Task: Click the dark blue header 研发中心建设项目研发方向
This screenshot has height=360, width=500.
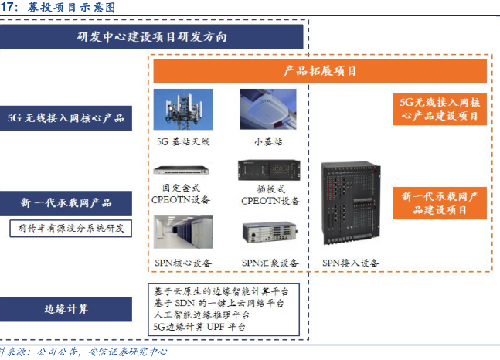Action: [x=151, y=37]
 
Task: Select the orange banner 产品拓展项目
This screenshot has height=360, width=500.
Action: [x=319, y=71]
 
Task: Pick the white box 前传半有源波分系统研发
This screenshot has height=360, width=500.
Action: [x=70, y=229]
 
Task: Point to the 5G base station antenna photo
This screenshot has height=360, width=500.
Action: [x=183, y=110]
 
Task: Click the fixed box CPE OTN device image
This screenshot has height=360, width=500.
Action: [x=183, y=171]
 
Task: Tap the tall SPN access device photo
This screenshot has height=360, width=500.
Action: [x=350, y=205]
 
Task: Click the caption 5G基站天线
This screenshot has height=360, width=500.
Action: [x=183, y=142]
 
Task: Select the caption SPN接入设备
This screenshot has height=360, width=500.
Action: [x=350, y=263]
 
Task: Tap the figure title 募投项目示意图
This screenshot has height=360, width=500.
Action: [x=69, y=7]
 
